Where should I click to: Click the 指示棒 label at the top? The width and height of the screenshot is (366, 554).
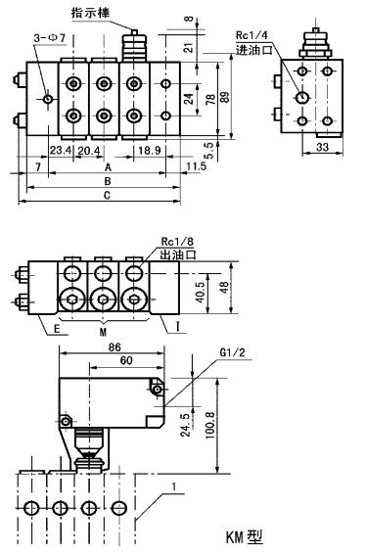tap(91, 13)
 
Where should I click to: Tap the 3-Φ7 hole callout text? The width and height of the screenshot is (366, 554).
tap(50, 38)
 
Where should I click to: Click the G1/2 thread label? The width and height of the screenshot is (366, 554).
tap(232, 352)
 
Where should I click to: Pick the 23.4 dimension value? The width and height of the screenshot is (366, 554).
tap(61, 151)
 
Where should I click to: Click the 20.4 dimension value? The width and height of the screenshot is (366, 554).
tap(89, 151)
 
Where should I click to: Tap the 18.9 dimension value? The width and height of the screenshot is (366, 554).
tap(150, 151)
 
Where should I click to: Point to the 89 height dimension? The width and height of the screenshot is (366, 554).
tap(225, 97)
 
